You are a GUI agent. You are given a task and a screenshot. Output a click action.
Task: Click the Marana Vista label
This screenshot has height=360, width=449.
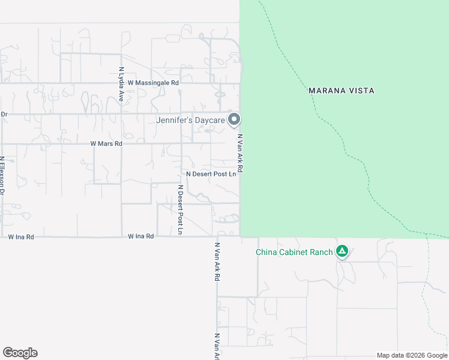(341, 91)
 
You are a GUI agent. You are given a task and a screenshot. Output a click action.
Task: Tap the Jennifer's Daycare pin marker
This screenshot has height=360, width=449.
(234, 119)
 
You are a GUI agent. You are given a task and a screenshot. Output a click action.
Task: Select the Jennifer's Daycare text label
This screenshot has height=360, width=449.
(190, 121)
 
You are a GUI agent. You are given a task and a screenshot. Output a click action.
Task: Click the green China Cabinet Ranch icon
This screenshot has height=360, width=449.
(342, 251)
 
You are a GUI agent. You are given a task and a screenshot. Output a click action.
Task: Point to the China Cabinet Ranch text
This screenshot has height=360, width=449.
(294, 252)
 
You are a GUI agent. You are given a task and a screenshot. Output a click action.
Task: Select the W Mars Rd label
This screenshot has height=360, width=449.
(106, 144)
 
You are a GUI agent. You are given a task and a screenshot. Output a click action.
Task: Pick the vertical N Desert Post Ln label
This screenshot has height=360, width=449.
(180, 209)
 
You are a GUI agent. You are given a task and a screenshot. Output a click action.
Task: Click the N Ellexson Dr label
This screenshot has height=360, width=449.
(2, 176)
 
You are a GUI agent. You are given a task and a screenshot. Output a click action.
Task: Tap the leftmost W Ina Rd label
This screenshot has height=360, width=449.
(21, 237)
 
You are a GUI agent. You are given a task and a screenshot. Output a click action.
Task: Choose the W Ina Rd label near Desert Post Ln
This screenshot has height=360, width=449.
(141, 236)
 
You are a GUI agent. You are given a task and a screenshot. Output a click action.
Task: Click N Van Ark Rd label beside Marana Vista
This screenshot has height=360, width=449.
(240, 154)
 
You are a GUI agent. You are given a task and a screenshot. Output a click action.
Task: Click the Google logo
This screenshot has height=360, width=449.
(20, 353)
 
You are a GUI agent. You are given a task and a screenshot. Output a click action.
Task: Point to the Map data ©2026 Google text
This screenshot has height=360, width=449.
(412, 355)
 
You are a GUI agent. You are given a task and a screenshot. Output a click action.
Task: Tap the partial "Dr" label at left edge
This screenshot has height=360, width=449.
(4, 113)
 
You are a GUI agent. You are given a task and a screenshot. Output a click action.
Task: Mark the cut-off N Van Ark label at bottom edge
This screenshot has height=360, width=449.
(217, 347)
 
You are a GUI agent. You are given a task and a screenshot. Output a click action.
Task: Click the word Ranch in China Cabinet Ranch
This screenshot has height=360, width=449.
(322, 252)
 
